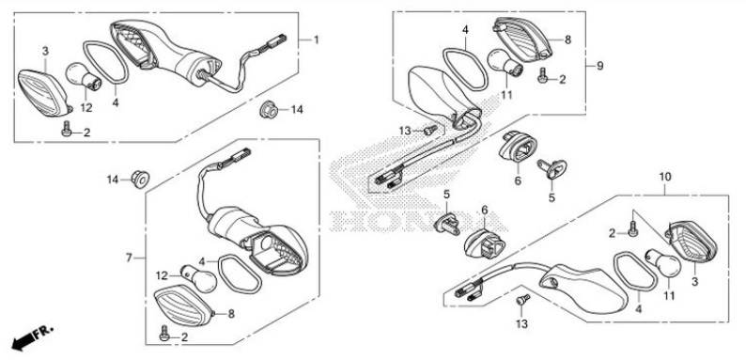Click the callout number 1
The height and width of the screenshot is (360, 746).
pyautogui.click(x=316, y=40)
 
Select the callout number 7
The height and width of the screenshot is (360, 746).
pyautogui.click(x=129, y=258)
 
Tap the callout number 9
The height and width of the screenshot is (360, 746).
pyautogui.click(x=599, y=66)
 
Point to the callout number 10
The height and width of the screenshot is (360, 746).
pyautogui.click(x=664, y=177)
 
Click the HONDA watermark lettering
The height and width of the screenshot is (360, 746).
pyautogui.click(x=418, y=221)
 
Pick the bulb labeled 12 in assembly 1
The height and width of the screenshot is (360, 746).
pyautogui.click(x=84, y=76)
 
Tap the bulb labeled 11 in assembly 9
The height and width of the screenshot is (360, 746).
pyautogui.click(x=505, y=63)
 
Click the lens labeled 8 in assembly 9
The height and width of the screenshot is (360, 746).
pyautogui.click(x=522, y=39)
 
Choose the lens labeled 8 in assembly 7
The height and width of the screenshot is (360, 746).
pyautogui.click(x=183, y=305)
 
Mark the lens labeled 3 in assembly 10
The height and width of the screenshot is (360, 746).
pyautogui.click(x=692, y=241)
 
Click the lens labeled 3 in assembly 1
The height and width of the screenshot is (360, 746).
pyautogui.click(x=45, y=93)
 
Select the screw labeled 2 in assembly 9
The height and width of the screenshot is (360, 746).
pyautogui.click(x=542, y=76)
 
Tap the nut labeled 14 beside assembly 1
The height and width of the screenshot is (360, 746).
pyautogui.click(x=269, y=110)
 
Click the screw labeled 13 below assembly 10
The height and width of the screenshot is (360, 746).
pyautogui.click(x=523, y=300)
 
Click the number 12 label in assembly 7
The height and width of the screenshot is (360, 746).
pyautogui.click(x=163, y=275)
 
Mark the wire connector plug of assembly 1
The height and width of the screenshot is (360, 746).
pyautogui.click(x=276, y=40)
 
